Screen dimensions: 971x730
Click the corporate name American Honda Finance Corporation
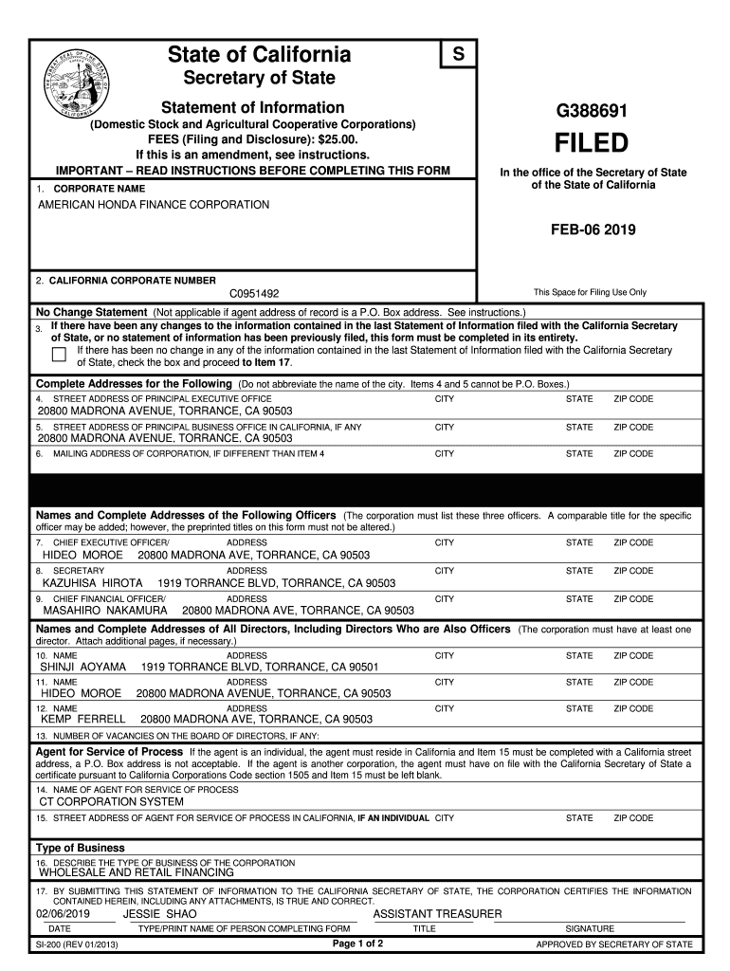pyautogui.click(x=153, y=205)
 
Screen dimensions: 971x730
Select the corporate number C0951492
pyautogui.click(x=255, y=294)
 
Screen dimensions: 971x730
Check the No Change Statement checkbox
pyautogui.click(x=58, y=355)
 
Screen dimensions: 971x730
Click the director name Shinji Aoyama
pyautogui.click(x=82, y=668)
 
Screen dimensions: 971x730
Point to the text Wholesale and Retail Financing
pyautogui.click(x=136, y=871)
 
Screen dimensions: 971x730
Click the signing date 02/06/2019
pyautogui.click(x=62, y=913)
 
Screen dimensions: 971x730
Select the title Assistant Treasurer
pyautogui.click(x=438, y=913)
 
